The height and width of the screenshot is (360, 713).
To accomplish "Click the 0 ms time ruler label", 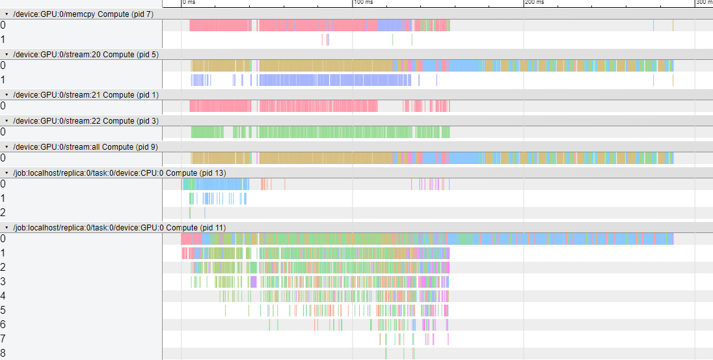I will (189, 3).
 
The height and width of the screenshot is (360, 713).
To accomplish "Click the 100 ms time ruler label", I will (363, 3).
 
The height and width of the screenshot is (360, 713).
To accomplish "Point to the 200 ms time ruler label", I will (534, 3).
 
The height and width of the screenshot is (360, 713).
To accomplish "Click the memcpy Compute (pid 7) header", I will (83, 14).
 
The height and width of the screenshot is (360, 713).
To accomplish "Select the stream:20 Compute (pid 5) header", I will (85, 54).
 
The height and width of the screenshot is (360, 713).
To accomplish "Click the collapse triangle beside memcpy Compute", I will (7, 14).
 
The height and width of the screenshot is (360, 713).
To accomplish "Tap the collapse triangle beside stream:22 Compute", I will (7, 121).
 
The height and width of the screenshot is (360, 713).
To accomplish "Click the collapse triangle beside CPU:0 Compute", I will (7, 173).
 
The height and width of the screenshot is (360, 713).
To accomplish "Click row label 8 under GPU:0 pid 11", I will (3, 353).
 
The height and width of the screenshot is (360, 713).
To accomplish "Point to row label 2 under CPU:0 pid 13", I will (3, 213).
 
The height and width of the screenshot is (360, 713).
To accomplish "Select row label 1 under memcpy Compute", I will (3, 40).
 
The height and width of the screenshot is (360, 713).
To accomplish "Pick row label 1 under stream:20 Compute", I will (3, 80).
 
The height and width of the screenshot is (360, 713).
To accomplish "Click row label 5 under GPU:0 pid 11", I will (3, 311).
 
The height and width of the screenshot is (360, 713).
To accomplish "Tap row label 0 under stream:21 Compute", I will (3, 106).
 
